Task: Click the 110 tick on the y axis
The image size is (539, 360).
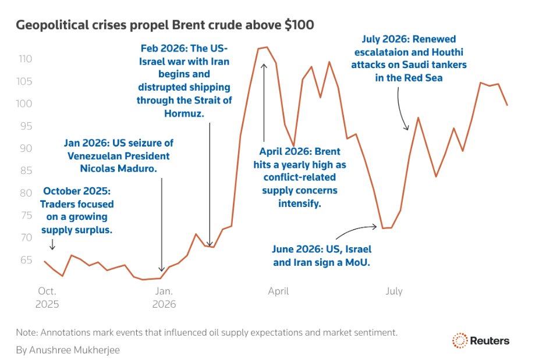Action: pyautogui.click(x=25, y=59)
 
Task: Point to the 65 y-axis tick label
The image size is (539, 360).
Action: pyautogui.click(x=26, y=260)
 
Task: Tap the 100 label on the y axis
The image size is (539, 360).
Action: pyautogui.click(x=24, y=104)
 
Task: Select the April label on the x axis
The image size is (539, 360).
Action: pyautogui.click(x=278, y=291)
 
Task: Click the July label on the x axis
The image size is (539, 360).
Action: pyautogui.click(x=394, y=291)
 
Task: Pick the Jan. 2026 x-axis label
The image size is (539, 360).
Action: pyautogui.click(x=164, y=298)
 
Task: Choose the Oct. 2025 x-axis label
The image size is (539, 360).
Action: pyautogui.click(x=47, y=298)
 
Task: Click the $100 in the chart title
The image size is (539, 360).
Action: pyautogui.click(x=299, y=25)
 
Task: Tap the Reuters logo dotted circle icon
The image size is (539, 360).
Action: pyautogui.click(x=460, y=340)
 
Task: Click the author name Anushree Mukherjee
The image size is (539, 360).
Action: pyautogui.click(x=75, y=350)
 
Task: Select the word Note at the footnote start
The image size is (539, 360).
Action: pyautogui.click(x=27, y=333)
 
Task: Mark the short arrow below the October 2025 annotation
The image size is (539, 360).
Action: pyautogui.click(x=52, y=244)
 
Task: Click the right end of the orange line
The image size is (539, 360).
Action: pyautogui.click(x=507, y=105)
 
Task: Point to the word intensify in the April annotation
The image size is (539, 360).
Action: pyautogui.click(x=299, y=204)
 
